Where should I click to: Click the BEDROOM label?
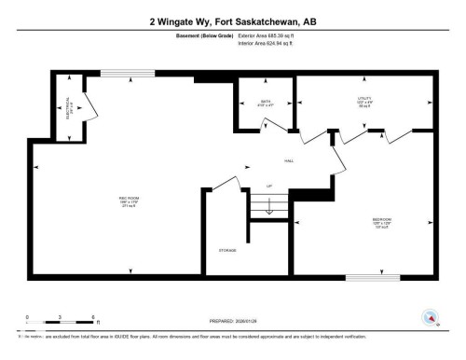(x=382, y=222)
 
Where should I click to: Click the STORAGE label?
(x=227, y=250)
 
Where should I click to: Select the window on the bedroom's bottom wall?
(x=372, y=277)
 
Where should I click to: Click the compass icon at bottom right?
(x=431, y=317)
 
